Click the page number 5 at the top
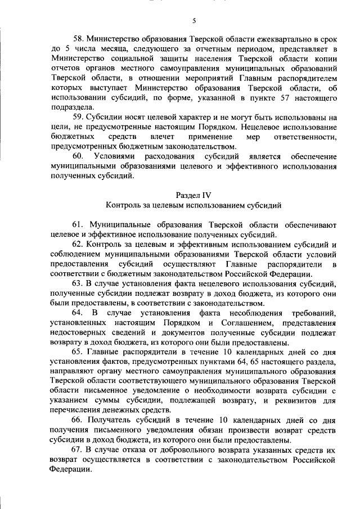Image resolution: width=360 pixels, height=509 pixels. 193,21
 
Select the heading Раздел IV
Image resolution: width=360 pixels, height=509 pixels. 193,195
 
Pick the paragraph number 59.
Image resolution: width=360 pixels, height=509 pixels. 78,118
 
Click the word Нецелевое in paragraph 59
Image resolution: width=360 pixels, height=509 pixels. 267,128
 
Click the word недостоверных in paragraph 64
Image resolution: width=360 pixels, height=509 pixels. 78,332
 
